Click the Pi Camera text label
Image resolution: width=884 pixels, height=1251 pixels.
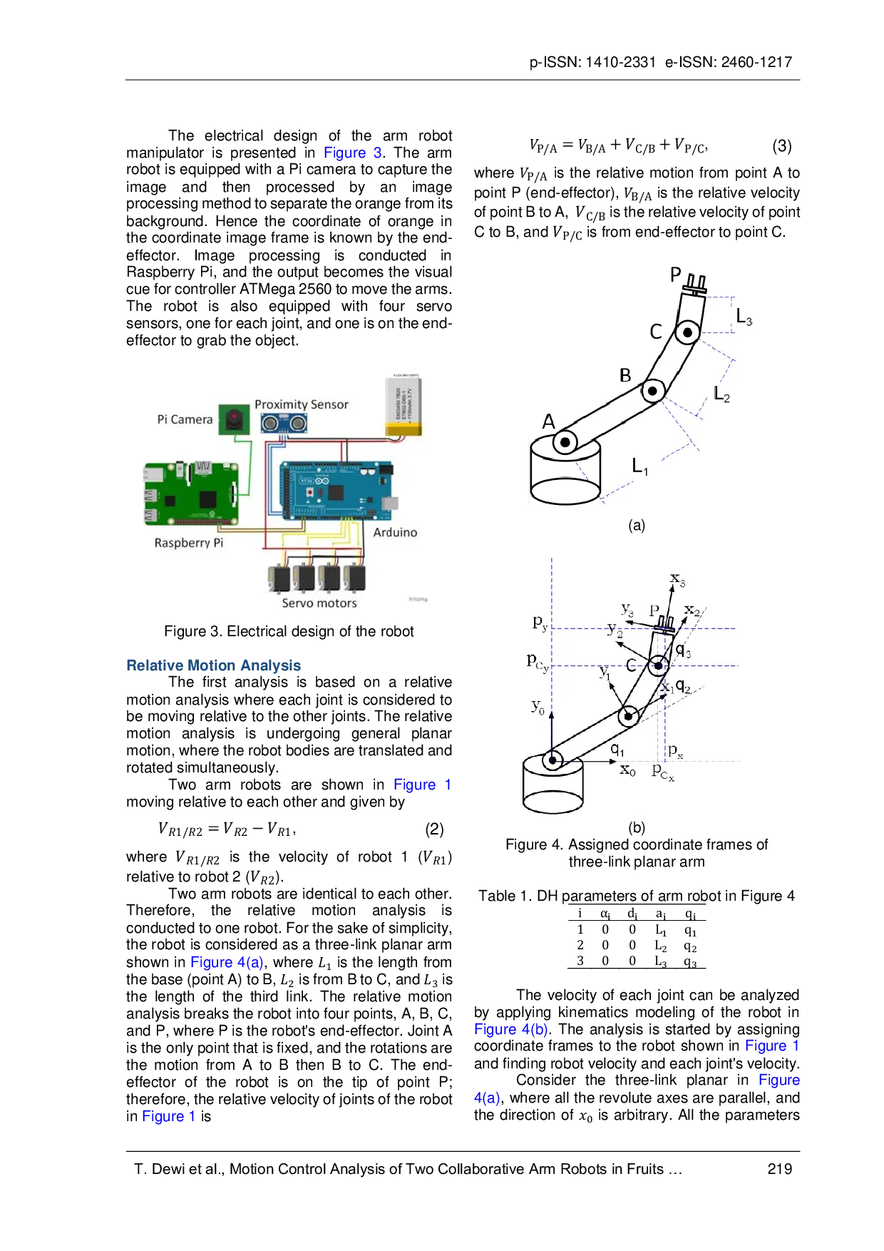(x=185, y=419)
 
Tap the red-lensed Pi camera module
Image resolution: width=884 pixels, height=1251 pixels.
(x=234, y=419)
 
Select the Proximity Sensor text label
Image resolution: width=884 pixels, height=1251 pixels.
(x=302, y=404)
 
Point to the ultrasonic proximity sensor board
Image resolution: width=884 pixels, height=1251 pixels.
(x=284, y=424)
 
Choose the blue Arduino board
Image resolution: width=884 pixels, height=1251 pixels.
(x=335, y=491)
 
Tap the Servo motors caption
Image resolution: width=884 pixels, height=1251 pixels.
(x=319, y=603)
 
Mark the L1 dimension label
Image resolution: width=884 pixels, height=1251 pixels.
(x=640, y=467)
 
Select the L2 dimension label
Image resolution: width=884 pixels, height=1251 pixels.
(x=722, y=394)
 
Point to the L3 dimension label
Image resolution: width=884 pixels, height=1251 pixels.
(x=744, y=317)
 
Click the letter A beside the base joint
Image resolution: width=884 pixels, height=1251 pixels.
(x=548, y=422)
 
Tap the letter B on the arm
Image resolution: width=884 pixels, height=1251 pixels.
(x=625, y=375)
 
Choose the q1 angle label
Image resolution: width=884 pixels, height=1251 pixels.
(x=617, y=750)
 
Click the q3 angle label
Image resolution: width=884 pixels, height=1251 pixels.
(x=683, y=650)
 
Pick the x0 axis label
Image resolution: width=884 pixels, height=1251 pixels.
(x=627, y=770)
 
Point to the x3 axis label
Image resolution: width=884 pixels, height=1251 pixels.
(x=677, y=580)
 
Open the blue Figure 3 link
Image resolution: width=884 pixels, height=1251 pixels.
(x=352, y=153)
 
